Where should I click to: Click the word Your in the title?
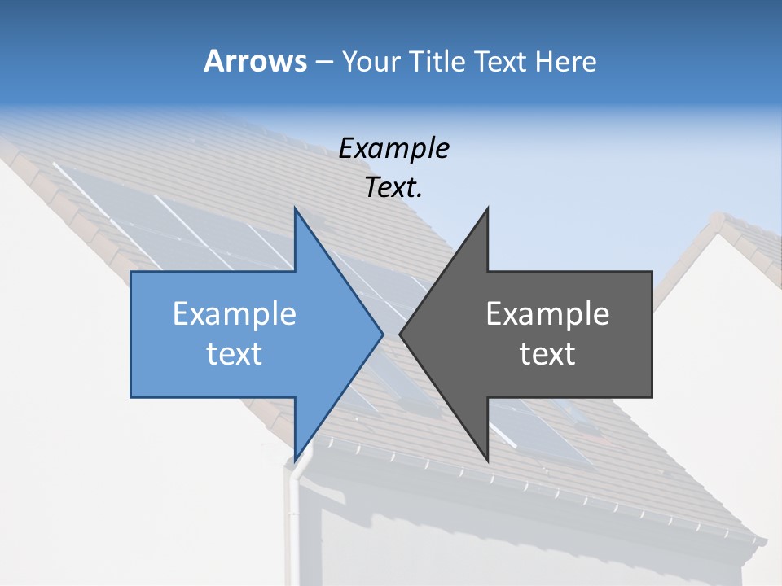click(371, 61)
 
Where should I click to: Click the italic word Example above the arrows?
click(393, 149)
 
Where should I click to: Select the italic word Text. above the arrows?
click(393, 188)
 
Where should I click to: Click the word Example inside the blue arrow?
click(235, 313)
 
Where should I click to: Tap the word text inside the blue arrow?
click(235, 354)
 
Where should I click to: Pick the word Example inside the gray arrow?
click(547, 313)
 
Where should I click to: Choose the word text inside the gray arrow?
click(547, 354)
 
